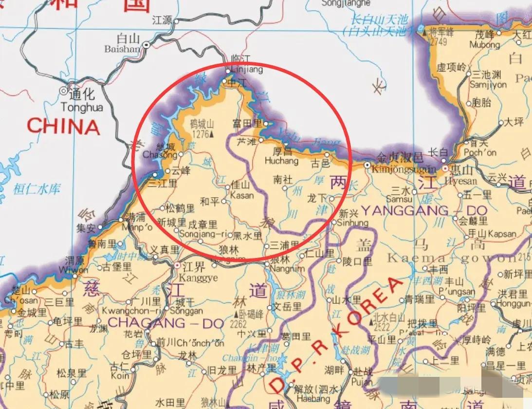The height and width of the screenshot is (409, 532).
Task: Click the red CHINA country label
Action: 63,127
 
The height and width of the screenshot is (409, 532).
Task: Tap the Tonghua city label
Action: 82,107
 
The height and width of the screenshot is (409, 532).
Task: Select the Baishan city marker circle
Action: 146,45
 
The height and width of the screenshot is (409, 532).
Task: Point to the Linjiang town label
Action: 246,70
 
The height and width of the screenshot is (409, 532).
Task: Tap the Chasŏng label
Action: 160,155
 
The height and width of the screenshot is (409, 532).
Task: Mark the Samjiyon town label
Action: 488,84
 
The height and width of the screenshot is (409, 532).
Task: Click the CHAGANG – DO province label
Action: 166,323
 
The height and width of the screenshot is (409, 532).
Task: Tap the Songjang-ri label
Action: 203,234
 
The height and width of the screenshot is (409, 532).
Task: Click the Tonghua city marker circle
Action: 64,91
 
